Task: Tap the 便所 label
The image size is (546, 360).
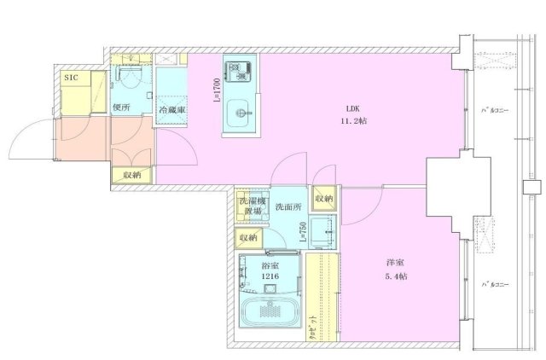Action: pyautogui.click(x=120, y=107)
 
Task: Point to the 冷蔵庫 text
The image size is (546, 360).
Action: pyautogui.click(x=171, y=111)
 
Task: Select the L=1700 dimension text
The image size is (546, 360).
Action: pyautogui.click(x=218, y=89)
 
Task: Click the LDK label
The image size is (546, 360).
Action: pyautogui.click(x=352, y=108)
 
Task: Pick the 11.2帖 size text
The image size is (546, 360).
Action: pyautogui.click(x=354, y=121)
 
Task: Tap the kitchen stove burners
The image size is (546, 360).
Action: pyautogui.click(x=235, y=68)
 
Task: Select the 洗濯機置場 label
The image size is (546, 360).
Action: pyautogui.click(x=250, y=206)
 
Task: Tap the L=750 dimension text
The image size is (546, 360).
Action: pyautogui.click(x=303, y=232)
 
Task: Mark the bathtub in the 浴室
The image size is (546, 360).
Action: pyautogui.click(x=270, y=311)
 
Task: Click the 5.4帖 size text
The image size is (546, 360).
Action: pyautogui.click(x=395, y=277)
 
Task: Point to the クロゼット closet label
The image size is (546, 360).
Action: pyautogui.click(x=313, y=329)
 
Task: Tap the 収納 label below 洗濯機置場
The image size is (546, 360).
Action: pyautogui.click(x=248, y=239)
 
